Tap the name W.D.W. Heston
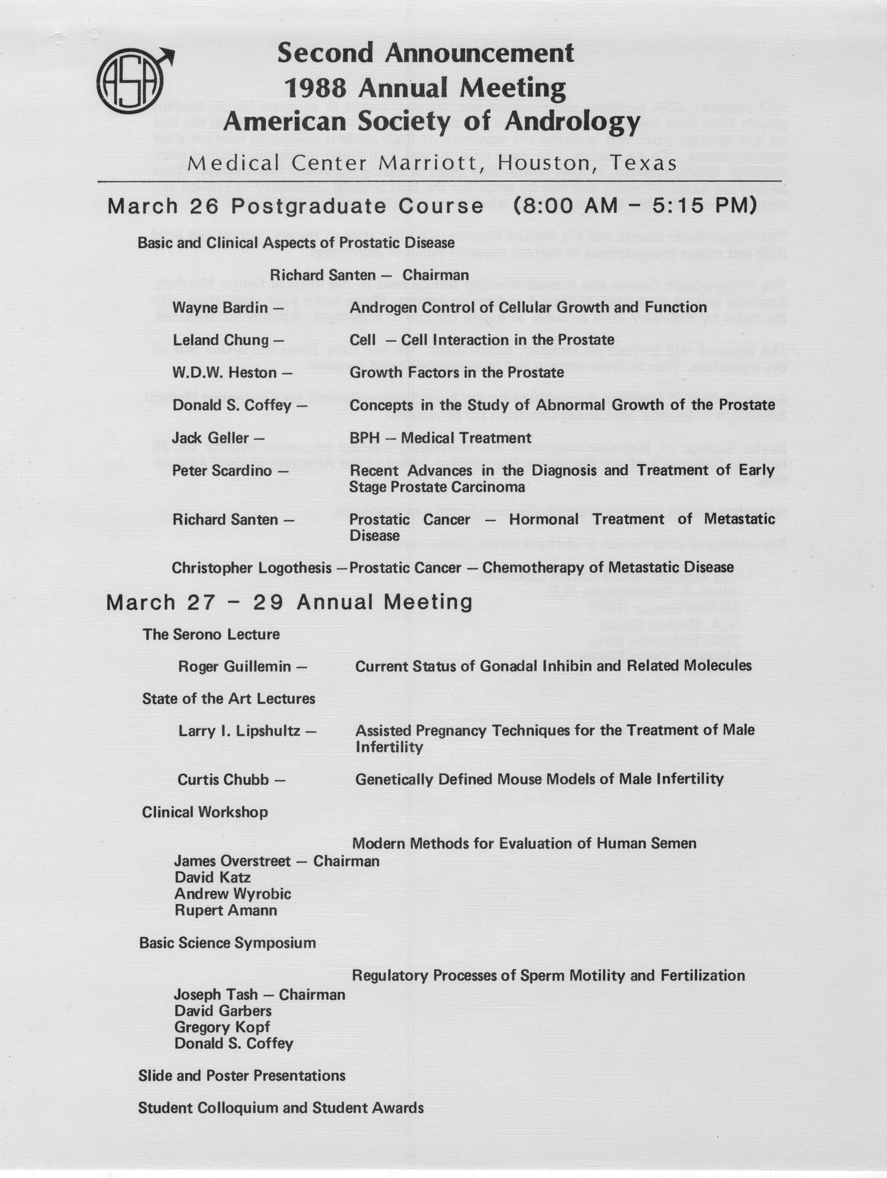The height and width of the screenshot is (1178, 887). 224,373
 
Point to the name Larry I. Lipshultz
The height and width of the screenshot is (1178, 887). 239,731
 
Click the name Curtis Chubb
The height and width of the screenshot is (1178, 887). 223,780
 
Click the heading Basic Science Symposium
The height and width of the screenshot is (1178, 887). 227,943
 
